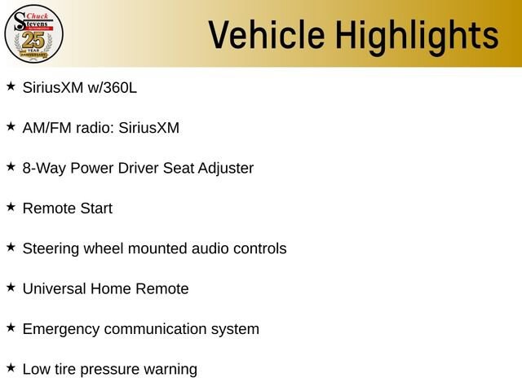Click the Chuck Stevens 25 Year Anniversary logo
point(33,33)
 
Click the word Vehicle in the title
point(267,34)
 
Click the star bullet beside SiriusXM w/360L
point(11,86)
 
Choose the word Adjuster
point(226,169)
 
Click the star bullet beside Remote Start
point(11,207)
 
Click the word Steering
point(51,249)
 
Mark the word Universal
point(55,289)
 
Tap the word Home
point(111,289)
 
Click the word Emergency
point(61,329)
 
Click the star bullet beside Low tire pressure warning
point(11,367)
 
